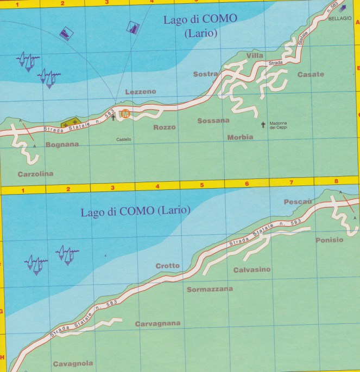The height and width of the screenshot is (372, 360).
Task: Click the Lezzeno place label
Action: click(x=140, y=92)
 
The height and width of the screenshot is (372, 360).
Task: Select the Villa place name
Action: click(x=254, y=56)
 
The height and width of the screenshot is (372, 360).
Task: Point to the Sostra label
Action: click(x=205, y=74)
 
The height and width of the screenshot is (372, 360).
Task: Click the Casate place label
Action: click(x=311, y=74)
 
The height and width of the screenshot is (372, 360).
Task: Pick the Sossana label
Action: click(x=213, y=120)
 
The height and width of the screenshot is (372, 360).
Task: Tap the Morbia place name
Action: click(x=240, y=137)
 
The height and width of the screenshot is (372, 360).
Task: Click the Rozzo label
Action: click(x=165, y=127)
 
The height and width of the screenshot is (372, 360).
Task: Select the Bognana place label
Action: click(x=62, y=145)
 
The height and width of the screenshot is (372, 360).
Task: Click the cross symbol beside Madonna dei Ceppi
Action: click(x=263, y=125)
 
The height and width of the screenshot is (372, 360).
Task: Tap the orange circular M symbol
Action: click(x=125, y=114)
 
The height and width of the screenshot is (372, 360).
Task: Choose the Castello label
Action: click(x=124, y=139)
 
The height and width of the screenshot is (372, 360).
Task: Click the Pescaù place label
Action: click(x=298, y=202)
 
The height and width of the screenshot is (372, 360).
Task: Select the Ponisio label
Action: click(x=329, y=240)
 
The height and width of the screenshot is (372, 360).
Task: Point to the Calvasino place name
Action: click(x=251, y=270)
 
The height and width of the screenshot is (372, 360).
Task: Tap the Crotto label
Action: click(x=167, y=266)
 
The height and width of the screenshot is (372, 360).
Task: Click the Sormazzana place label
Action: click(x=210, y=289)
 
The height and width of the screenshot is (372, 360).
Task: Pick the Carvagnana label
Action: click(x=157, y=324)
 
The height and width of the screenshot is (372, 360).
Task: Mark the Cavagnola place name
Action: click(x=73, y=363)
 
